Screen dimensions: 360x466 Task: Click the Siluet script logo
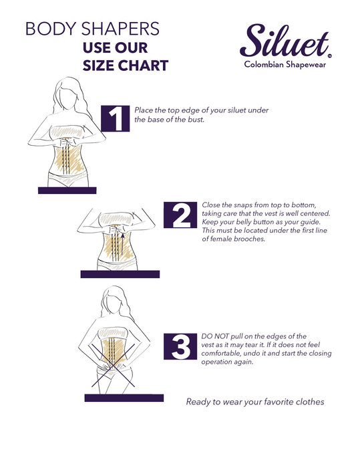[x=285, y=40]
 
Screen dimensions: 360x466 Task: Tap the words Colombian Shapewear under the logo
[x=285, y=64]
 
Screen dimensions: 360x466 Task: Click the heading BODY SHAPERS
[x=92, y=29]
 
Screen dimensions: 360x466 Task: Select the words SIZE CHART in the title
[x=126, y=66]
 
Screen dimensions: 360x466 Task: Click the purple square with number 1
[x=115, y=118]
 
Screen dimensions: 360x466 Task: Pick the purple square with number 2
[x=180, y=215]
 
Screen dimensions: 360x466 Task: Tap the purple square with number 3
[x=180, y=346]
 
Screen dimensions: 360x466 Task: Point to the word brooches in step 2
[x=249, y=239]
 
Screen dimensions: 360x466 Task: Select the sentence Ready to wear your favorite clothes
[x=255, y=402]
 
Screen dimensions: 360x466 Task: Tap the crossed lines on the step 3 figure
[x=113, y=365]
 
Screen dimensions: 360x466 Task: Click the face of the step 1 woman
[x=69, y=96]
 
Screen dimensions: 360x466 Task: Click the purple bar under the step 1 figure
[x=67, y=191]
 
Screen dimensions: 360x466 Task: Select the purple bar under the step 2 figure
[x=120, y=274]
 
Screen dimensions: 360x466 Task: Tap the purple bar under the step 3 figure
[x=124, y=398]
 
